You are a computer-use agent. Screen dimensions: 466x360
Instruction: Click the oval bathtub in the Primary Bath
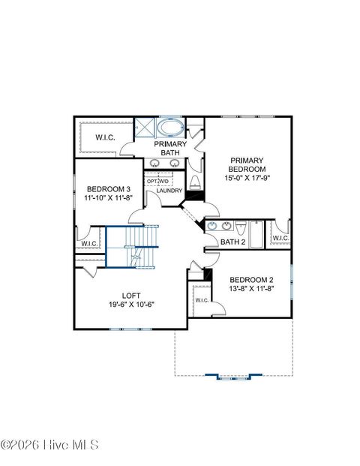(170, 126)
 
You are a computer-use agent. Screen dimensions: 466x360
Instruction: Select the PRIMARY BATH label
(170, 148)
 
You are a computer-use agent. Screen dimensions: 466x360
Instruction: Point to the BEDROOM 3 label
(108, 189)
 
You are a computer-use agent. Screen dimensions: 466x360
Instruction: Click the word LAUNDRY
(169, 191)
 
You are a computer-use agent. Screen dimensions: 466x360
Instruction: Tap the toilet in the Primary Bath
(195, 182)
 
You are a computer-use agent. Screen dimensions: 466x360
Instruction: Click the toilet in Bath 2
(240, 228)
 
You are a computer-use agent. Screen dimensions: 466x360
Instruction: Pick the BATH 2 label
(232, 242)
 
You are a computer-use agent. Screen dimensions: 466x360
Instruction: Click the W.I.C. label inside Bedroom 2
(201, 300)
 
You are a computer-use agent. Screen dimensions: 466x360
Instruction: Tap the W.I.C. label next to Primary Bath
(104, 138)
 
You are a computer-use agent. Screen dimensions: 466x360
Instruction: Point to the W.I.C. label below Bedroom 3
(88, 243)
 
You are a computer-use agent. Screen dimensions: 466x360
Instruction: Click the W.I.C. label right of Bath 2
(280, 238)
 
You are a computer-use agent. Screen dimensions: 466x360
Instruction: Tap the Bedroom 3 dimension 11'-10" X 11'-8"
(109, 199)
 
